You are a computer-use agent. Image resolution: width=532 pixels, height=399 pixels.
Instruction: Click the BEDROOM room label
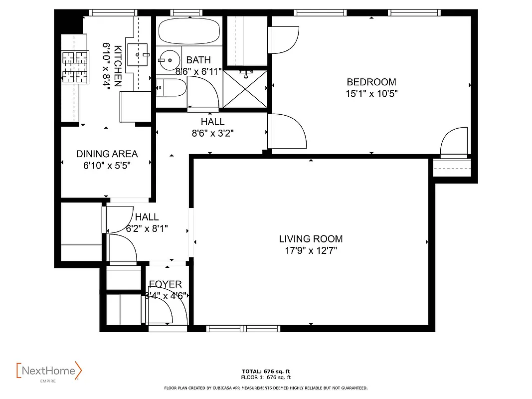pos(371,82)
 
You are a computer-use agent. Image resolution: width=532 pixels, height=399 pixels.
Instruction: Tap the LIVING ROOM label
pos(311,239)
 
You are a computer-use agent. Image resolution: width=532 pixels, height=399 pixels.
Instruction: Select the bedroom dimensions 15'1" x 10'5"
pos(371,93)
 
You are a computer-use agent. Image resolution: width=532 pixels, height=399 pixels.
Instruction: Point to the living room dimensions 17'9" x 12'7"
pos(311,250)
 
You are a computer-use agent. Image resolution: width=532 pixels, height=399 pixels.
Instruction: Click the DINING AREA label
pos(107,154)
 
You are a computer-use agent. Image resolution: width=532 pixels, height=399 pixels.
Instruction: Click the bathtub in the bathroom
pos(189,31)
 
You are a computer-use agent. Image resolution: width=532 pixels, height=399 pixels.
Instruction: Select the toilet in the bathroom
pos(170,88)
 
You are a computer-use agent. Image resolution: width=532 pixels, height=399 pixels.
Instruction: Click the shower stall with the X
pos(245,89)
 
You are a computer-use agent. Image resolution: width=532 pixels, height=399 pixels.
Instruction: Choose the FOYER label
pos(166,284)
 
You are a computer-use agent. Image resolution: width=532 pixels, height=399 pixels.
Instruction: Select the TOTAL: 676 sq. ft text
pos(266,372)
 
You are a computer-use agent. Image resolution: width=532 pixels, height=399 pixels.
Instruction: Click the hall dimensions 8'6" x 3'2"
pos(212,133)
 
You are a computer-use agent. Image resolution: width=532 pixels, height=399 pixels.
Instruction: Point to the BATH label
pos(198,60)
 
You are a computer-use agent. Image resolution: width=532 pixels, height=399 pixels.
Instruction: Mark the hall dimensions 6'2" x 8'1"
pos(147,228)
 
